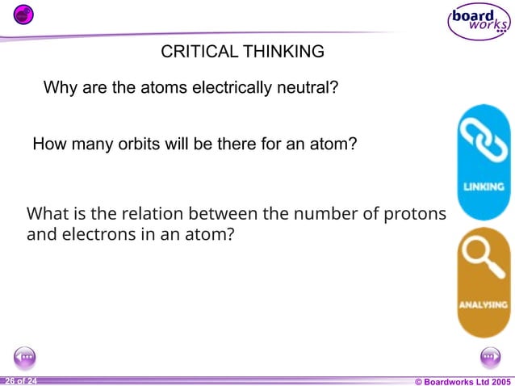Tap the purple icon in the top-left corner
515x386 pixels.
tap(24, 14)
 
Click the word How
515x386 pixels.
tap(48, 145)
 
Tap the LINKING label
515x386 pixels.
tap(484, 187)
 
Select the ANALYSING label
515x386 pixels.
tap(484, 304)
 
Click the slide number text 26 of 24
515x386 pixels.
tap(20, 380)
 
